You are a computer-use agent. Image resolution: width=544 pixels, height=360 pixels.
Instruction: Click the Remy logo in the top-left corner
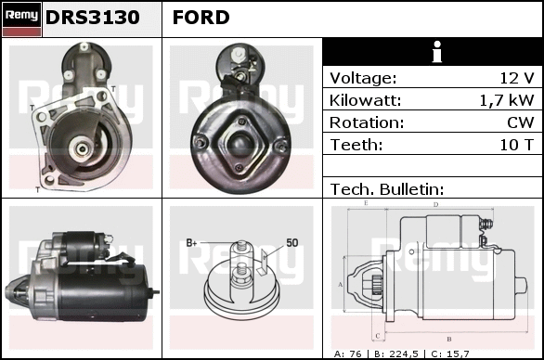click(22, 19)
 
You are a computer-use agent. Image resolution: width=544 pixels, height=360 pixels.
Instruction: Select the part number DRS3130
click(93, 18)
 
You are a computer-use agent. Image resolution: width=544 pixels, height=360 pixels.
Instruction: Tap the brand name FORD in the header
click(201, 18)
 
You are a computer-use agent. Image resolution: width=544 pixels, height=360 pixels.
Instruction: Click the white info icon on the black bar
click(437, 52)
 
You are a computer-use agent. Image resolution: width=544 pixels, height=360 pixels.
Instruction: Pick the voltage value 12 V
click(517, 78)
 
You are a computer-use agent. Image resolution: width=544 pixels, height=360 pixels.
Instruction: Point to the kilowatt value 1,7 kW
click(507, 100)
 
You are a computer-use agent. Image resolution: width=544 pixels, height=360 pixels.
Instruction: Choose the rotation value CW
click(521, 122)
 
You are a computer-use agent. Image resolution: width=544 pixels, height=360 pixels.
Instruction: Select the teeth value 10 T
click(516, 145)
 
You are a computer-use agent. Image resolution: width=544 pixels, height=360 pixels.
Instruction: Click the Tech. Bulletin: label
click(387, 189)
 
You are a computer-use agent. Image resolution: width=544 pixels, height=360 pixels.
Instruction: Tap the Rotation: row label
click(367, 122)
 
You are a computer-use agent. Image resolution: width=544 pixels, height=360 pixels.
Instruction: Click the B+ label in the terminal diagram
click(191, 243)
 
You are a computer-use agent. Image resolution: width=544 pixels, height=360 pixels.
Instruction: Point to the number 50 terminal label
click(292, 243)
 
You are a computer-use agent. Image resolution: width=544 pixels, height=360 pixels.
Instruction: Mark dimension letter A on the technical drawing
click(341, 285)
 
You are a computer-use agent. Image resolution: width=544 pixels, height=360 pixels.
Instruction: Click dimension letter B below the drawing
click(449, 340)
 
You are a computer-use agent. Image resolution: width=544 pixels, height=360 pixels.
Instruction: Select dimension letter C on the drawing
click(378, 336)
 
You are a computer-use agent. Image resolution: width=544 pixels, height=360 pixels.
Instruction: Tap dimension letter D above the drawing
click(436, 205)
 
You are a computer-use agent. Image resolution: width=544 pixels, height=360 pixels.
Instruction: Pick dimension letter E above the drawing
click(366, 203)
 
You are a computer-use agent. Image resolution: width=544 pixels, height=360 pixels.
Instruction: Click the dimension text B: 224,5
click(396, 354)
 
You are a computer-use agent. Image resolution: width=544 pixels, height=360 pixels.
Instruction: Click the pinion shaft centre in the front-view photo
click(83, 149)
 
